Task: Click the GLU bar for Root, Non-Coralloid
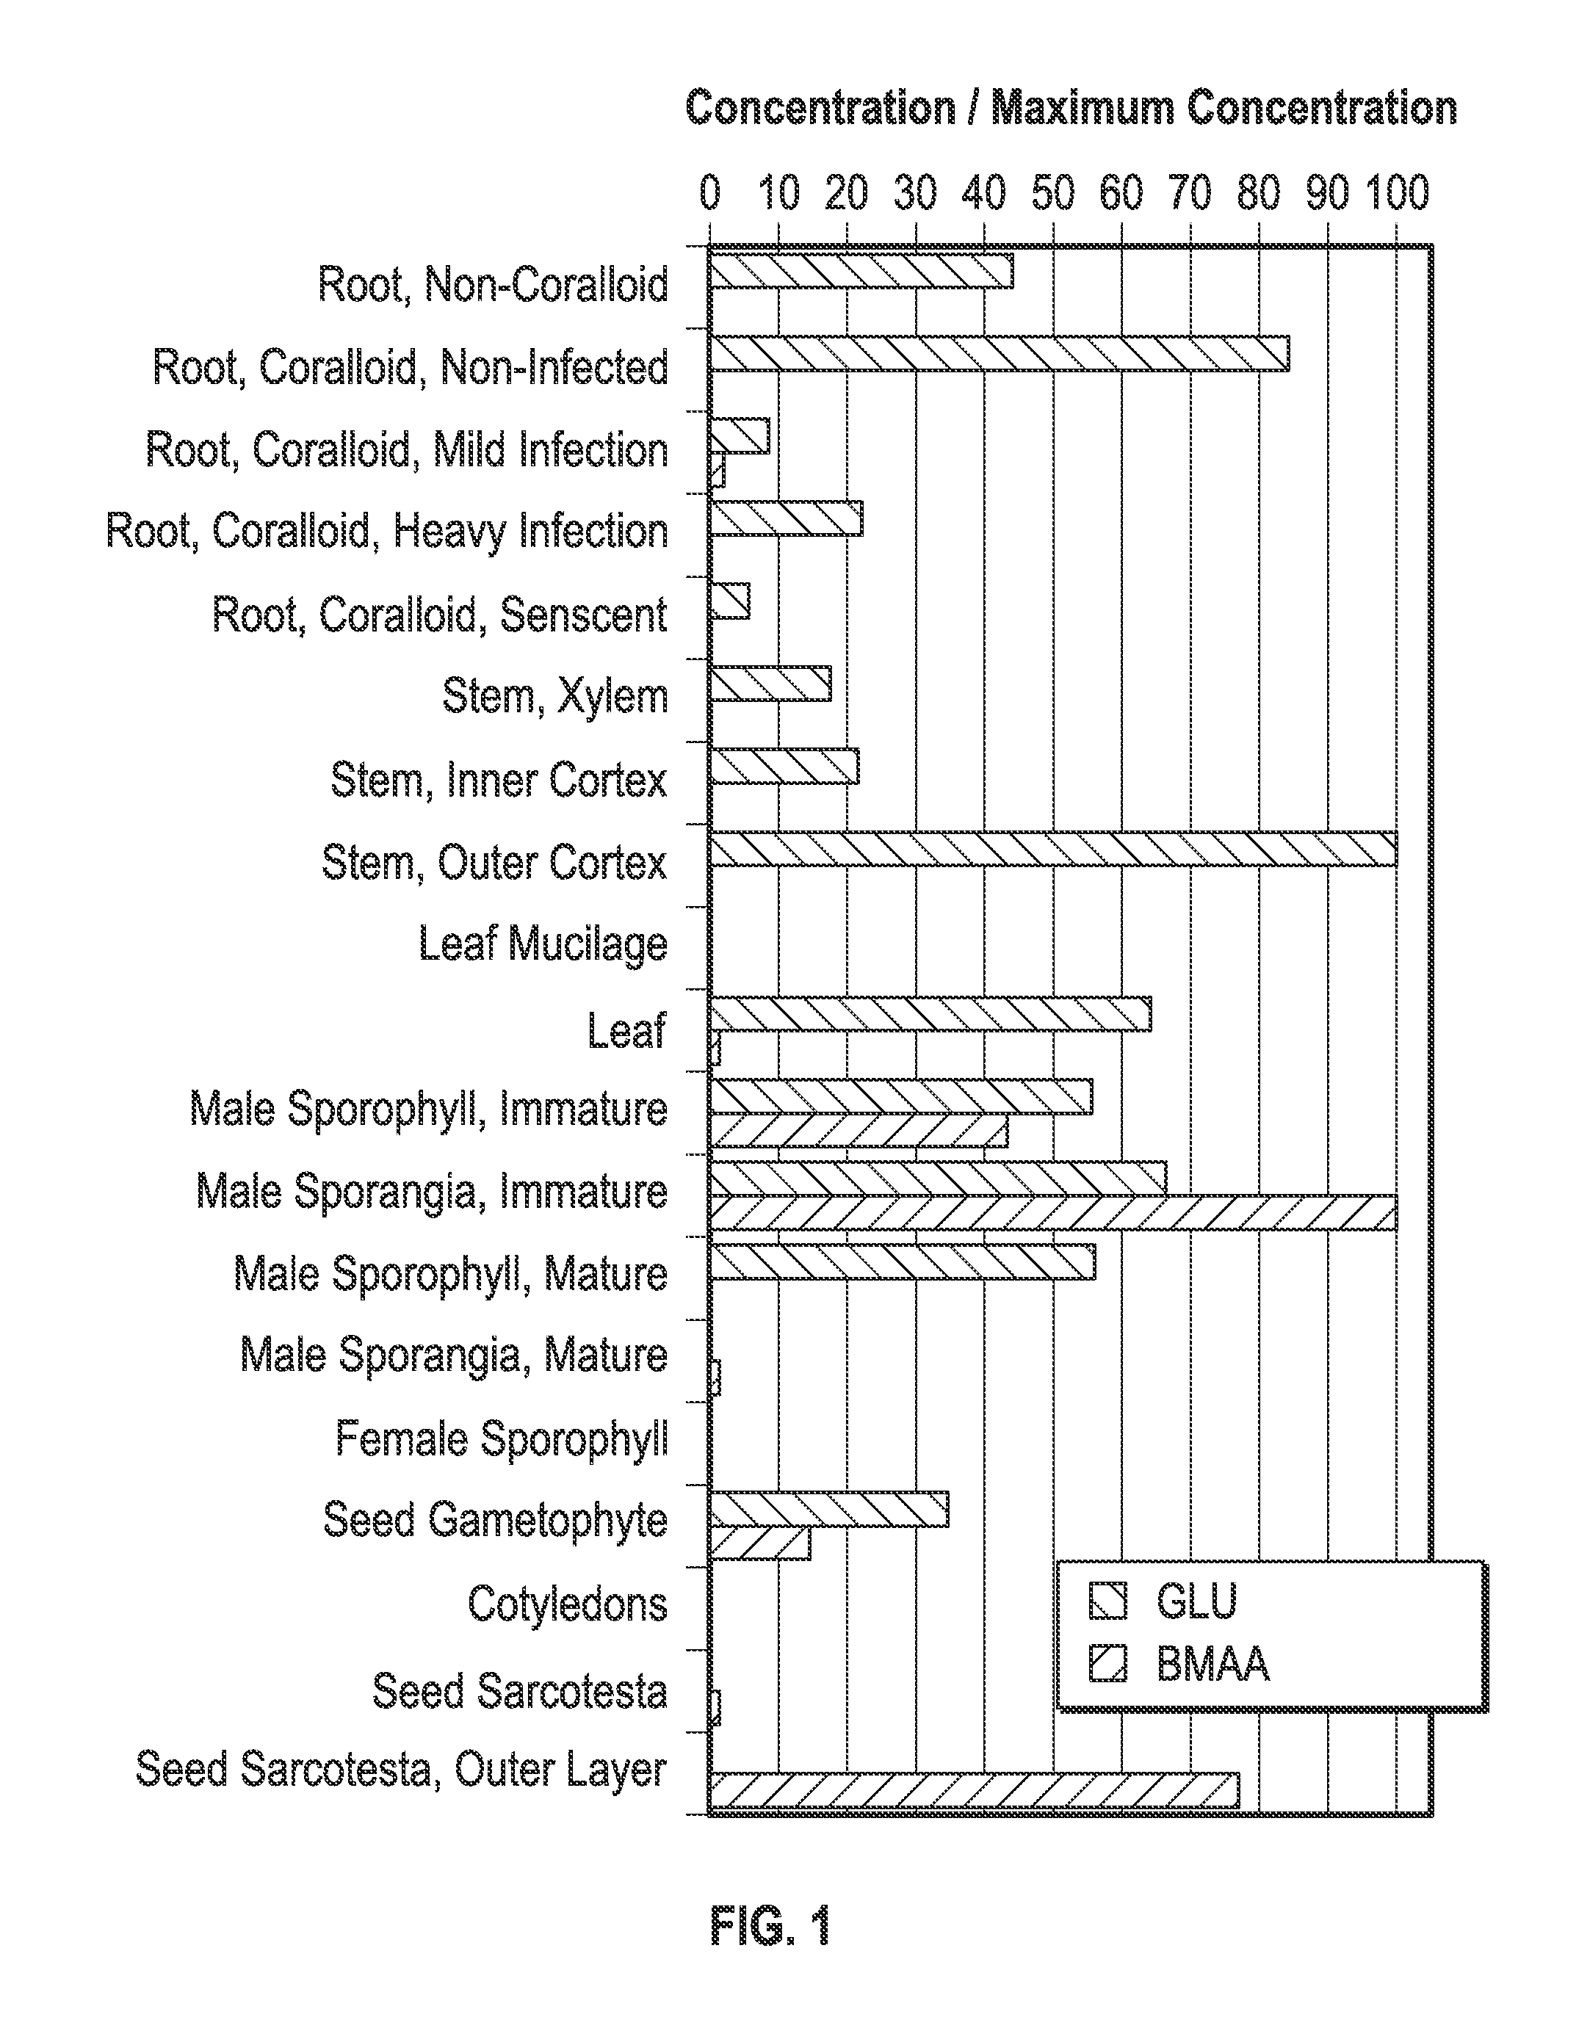[860, 270]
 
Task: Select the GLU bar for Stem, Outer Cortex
[1052, 849]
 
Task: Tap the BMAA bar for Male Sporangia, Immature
[1052, 1213]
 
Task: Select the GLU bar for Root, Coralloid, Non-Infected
[998, 352]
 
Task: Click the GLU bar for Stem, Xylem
[769, 684]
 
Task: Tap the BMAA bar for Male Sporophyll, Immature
[857, 1131]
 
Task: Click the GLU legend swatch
[1107, 1602]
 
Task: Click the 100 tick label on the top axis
[1396, 194]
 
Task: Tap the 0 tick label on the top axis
[709, 194]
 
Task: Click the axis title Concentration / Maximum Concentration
[1071, 109]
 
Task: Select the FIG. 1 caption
[769, 1925]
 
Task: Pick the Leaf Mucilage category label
[543, 944]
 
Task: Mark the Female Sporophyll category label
[501, 1439]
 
